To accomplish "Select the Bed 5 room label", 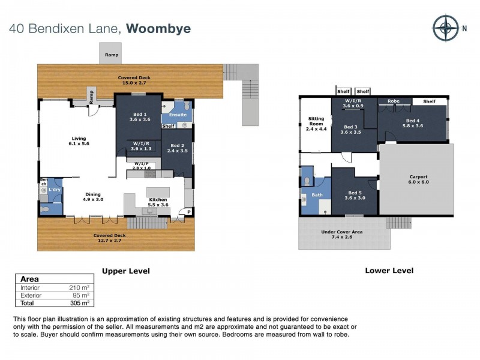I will pyautogui.click(x=354, y=195).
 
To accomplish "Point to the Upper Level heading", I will pyautogui.click(x=125, y=271).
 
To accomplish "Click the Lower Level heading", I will pyautogui.click(x=389, y=271).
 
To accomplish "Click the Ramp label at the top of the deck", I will pyautogui.click(x=111, y=55).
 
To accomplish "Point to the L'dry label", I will pyautogui.click(x=54, y=189).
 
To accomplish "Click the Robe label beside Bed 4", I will pyautogui.click(x=394, y=101).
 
